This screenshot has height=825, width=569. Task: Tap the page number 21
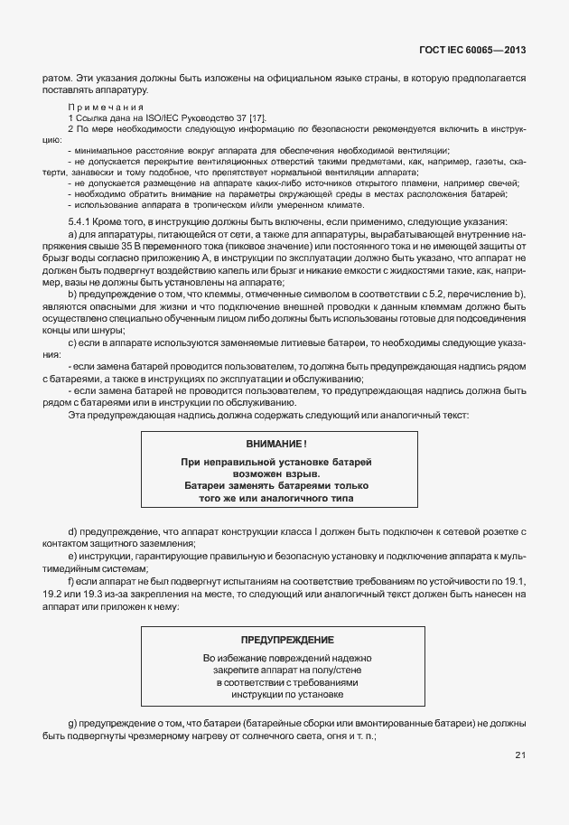tap(521, 755)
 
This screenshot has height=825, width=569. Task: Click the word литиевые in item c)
tap(266, 342)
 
